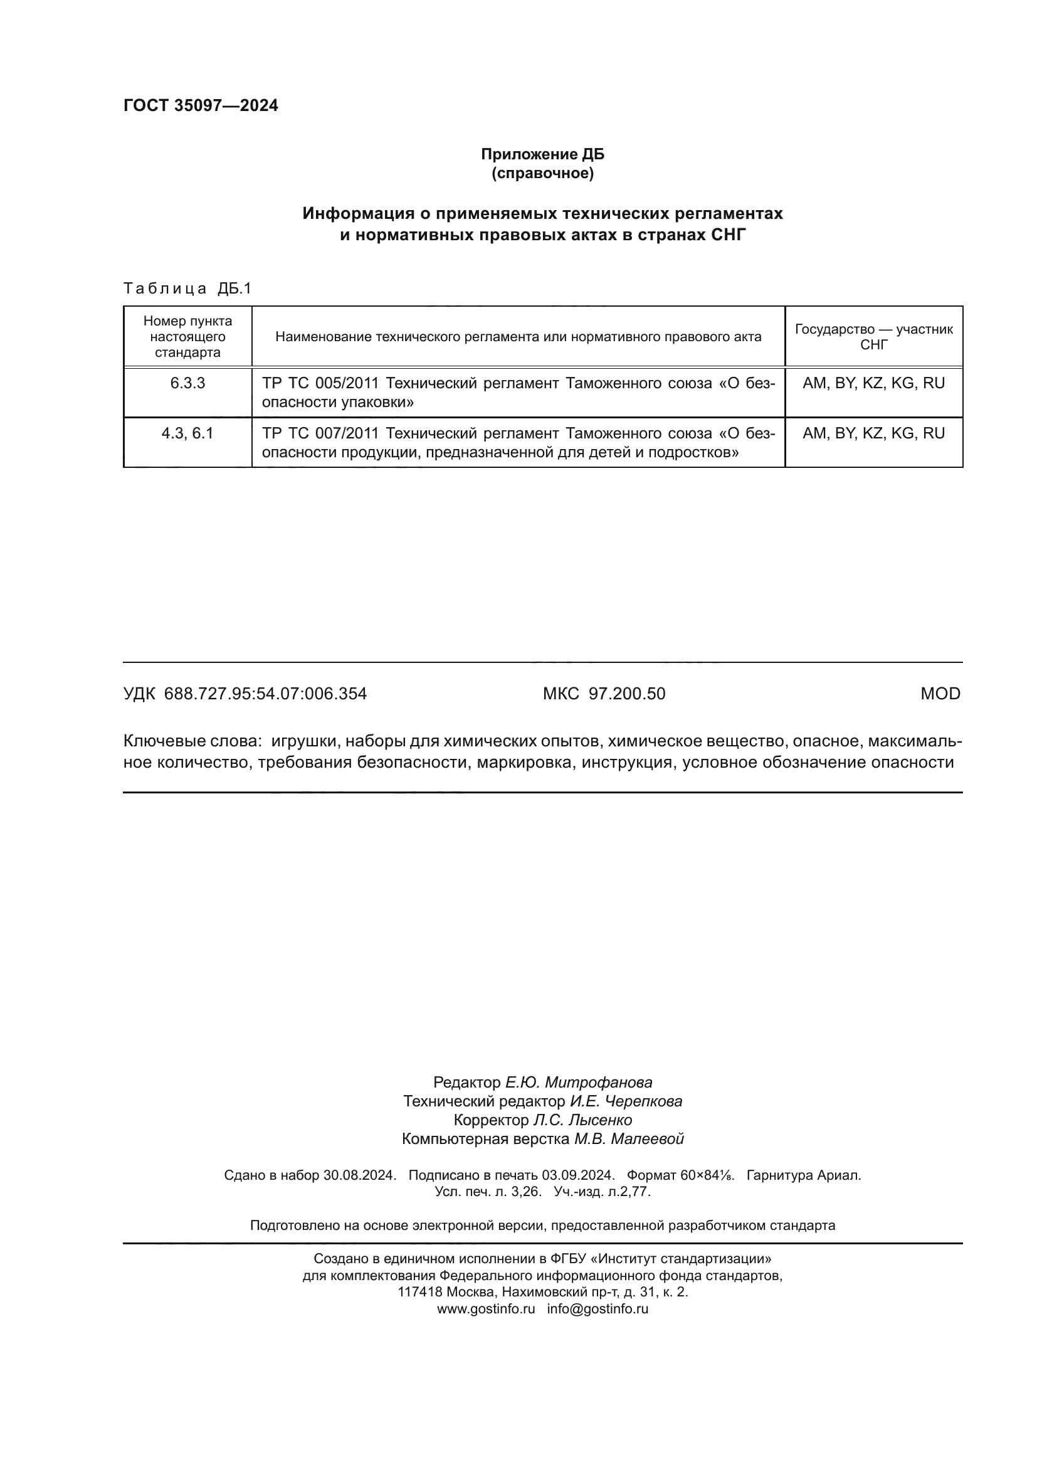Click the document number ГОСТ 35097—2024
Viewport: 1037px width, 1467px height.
pyautogui.click(x=201, y=106)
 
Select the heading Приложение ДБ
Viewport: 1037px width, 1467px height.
pyautogui.click(x=542, y=154)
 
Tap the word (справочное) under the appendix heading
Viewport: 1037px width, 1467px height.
pyautogui.click(x=542, y=173)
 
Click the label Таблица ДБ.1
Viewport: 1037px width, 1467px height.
pyautogui.click(x=187, y=289)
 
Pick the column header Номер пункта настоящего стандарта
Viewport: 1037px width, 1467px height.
pyautogui.click(x=187, y=337)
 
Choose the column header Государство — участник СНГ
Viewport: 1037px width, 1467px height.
pyautogui.click(x=873, y=337)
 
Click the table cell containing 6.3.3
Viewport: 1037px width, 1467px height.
pyautogui.click(x=187, y=383)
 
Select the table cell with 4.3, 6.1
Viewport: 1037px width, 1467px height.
pyautogui.click(x=187, y=433)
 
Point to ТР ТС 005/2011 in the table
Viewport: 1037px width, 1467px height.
pyautogui.click(x=320, y=383)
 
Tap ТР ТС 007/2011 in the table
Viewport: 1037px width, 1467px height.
pyautogui.click(x=320, y=433)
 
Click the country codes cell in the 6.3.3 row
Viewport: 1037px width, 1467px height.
pyautogui.click(x=873, y=383)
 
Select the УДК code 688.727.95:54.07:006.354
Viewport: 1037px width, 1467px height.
pyautogui.click(x=265, y=694)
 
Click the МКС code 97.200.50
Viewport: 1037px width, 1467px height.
pyautogui.click(x=626, y=694)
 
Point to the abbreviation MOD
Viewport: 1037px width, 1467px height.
pyautogui.click(x=940, y=694)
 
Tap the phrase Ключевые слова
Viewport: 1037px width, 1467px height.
pyautogui.click(x=192, y=741)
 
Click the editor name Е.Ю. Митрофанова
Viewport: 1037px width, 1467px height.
pyautogui.click(x=579, y=1083)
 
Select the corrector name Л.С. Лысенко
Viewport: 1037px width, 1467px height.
pyautogui.click(x=582, y=1120)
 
